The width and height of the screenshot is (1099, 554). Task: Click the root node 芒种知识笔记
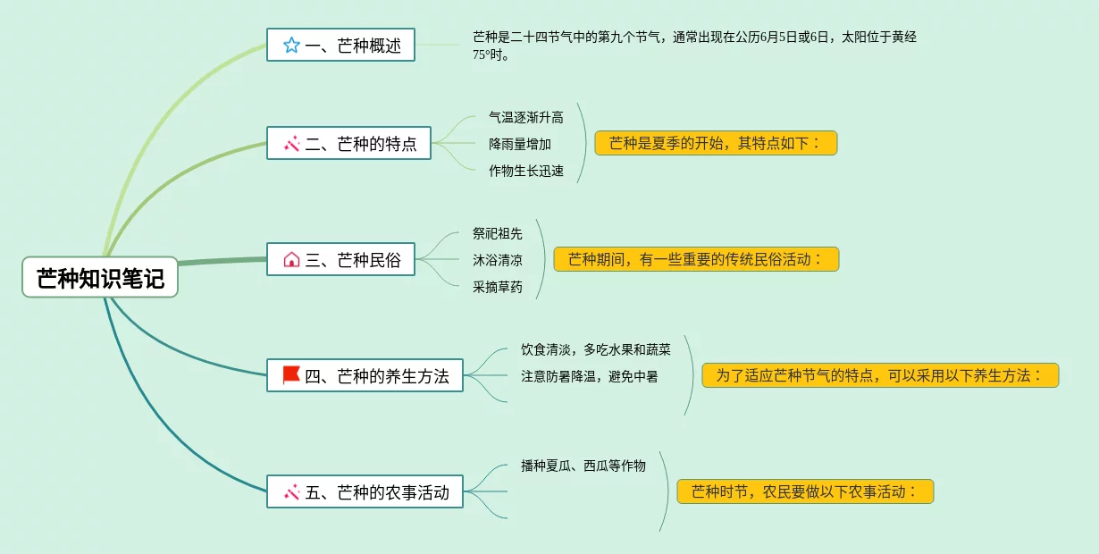[100, 278]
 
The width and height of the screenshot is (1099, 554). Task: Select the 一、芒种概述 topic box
[340, 45]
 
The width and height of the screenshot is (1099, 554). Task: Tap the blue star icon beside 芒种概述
[291, 45]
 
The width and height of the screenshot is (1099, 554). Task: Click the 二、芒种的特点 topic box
[348, 143]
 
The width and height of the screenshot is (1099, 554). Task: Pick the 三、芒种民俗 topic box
[340, 260]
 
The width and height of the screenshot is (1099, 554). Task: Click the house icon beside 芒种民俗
[291, 260]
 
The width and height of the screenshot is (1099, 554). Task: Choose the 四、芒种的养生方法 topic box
[365, 375]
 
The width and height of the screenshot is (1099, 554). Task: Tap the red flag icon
[291, 375]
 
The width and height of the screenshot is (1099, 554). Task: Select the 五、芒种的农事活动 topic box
[365, 491]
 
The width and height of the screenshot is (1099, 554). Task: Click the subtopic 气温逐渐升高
[525, 117]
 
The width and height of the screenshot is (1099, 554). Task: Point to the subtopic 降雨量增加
[519, 144]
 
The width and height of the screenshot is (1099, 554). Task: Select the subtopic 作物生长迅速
[525, 171]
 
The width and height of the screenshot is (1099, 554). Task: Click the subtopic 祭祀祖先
[498, 233]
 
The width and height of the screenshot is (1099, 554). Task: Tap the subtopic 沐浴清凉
[498, 260]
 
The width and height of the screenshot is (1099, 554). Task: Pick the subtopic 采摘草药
[498, 288]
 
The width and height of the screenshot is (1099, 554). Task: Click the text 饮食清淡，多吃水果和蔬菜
[595, 349]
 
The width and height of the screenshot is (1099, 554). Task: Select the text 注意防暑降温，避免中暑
[589, 376]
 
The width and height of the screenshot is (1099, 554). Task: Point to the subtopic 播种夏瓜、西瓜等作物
[583, 466]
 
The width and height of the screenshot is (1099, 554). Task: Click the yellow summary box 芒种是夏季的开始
[716, 143]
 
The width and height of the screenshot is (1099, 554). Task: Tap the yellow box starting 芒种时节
[805, 491]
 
